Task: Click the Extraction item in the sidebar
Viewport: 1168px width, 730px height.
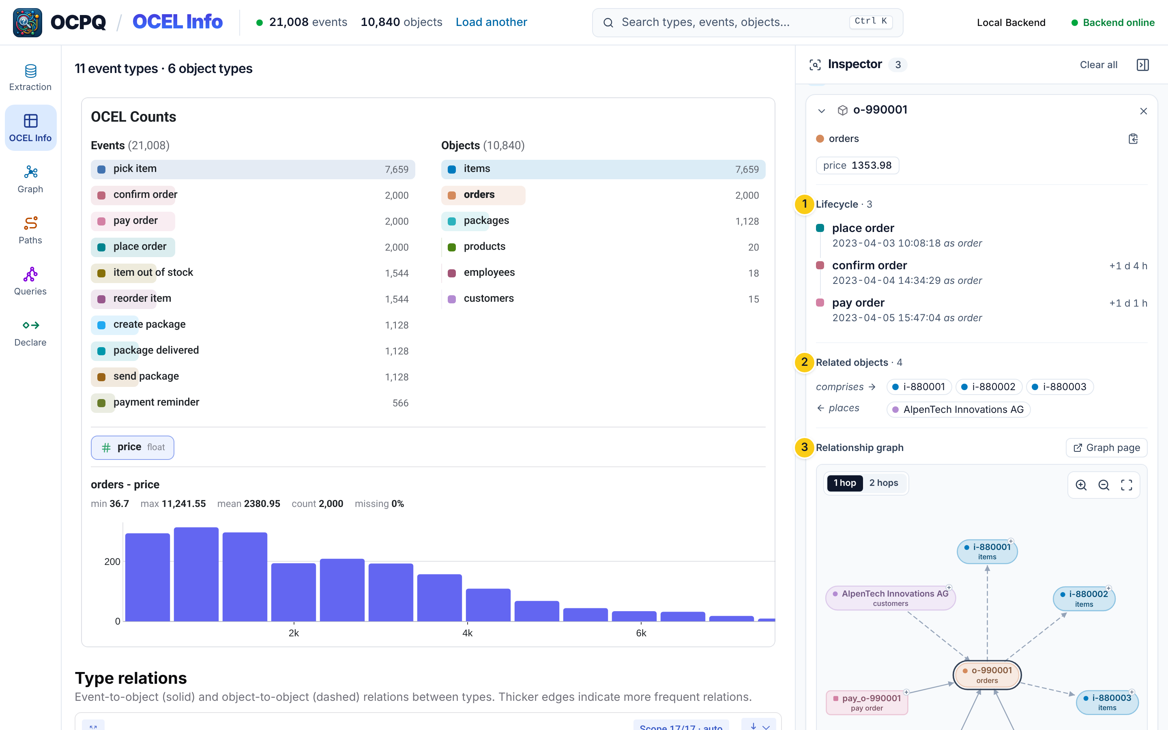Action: click(30, 77)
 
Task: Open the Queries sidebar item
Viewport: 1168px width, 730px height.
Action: click(30, 281)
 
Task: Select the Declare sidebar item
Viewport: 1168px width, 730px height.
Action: click(30, 333)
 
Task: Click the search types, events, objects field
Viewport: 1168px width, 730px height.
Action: click(747, 22)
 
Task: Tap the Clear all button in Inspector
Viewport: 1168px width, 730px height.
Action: click(1098, 65)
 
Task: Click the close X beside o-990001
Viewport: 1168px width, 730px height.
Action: click(1143, 111)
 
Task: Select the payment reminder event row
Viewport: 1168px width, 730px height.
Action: click(252, 403)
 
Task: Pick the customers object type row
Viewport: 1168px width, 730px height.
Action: click(603, 299)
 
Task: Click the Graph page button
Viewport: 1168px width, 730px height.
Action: click(1106, 448)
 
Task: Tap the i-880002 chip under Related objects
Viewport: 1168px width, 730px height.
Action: click(988, 387)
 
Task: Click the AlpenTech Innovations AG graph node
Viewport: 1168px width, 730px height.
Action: click(891, 598)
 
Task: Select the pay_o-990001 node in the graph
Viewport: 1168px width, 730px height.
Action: click(867, 702)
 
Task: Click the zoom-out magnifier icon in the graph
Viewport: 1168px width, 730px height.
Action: click(1104, 485)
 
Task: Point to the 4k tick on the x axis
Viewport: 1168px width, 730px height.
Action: click(467, 633)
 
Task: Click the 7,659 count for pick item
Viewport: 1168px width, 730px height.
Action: click(396, 170)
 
